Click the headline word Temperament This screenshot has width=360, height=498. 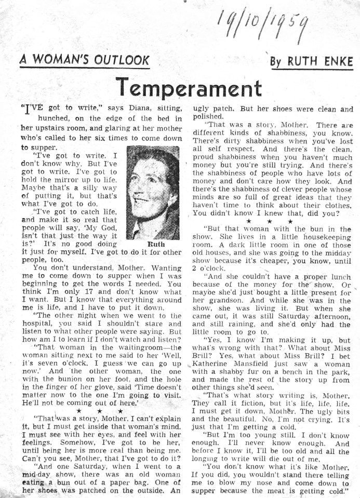tap(189, 86)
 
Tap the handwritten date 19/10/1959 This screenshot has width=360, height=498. tap(262, 23)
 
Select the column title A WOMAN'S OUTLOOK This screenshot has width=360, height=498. tap(85, 60)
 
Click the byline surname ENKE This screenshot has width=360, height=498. tap(335, 62)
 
